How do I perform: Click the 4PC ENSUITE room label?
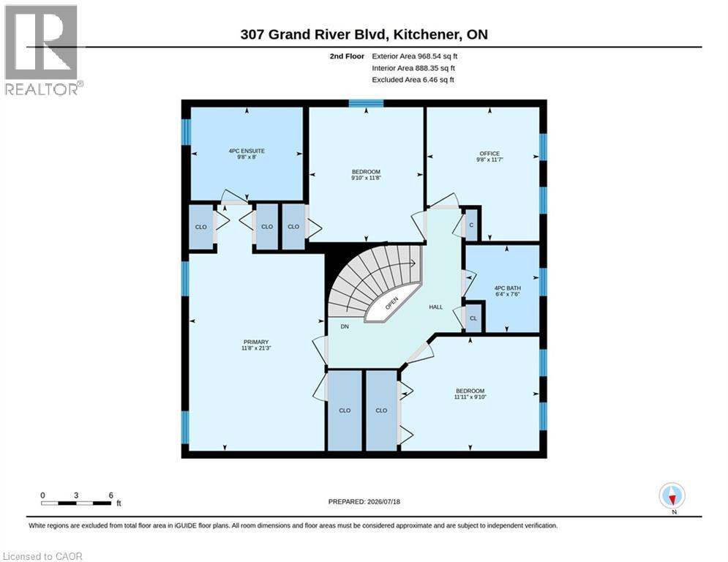coord(247,151)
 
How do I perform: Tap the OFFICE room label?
coord(489,153)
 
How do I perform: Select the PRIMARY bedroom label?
coord(256,342)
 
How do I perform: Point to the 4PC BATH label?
coord(508,288)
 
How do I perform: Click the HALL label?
coord(435,307)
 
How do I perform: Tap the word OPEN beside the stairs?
coord(391,303)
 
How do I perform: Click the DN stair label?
coord(345,326)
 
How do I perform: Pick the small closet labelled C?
coord(471,225)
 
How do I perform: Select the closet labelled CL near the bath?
coord(473,318)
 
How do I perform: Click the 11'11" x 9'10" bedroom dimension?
coord(470,397)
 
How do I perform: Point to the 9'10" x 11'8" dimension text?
coord(366,178)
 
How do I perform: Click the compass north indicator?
coord(672,496)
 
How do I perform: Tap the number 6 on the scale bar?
coord(111,495)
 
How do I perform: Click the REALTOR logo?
coord(42,50)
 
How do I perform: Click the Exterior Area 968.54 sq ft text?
coord(415,56)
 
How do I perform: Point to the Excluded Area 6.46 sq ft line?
coord(413,80)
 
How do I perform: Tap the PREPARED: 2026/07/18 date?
coord(364,501)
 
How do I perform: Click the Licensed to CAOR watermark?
coord(42,556)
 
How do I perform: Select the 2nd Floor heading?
coord(347,56)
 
